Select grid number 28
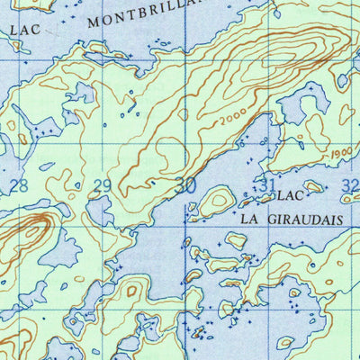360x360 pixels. (x=17, y=186)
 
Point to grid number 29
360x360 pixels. (x=103, y=186)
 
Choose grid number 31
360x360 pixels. (x=265, y=185)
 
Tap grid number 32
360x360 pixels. (x=350, y=186)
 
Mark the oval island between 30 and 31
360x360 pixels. (x=217, y=202)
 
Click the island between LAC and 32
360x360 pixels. (x=313, y=187)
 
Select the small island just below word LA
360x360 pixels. (x=236, y=240)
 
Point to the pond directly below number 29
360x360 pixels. (x=100, y=212)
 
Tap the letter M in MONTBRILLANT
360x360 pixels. (x=96, y=22)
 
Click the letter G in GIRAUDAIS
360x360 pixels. (x=270, y=218)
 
